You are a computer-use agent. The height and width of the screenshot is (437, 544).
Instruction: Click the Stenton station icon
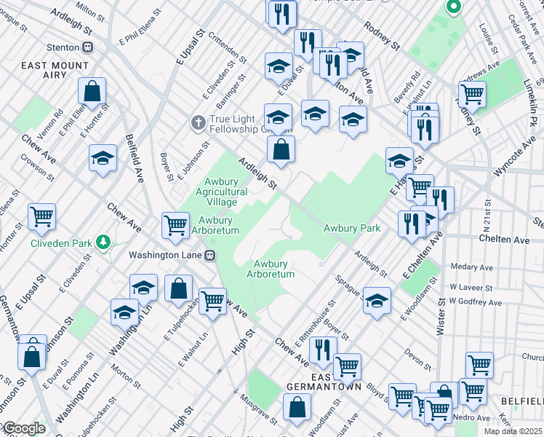88,47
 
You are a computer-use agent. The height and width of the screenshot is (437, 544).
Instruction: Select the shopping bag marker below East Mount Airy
92,92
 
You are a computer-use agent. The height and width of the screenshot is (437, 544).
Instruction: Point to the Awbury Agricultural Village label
221,192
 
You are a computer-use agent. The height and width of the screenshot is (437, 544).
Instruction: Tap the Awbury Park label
352,228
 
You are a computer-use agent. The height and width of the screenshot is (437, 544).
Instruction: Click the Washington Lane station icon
210,255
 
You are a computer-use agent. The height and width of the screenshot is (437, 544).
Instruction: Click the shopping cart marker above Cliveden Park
41,216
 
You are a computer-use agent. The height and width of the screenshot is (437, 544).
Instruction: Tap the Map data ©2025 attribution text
512,431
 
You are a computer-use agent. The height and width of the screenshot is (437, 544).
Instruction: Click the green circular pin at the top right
453,8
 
